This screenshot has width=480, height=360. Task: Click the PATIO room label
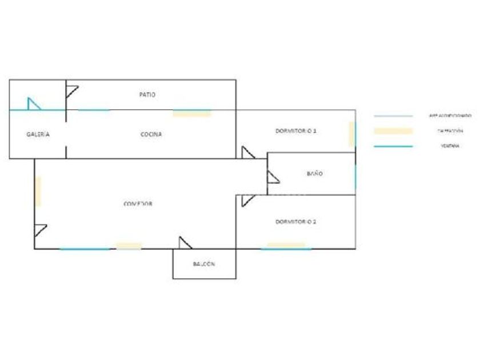[147, 94]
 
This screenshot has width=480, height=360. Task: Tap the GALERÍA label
[38, 134]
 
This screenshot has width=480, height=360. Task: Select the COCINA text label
[151, 134]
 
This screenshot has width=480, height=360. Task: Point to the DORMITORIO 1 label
[295, 131]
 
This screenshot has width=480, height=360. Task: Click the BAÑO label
[314, 173]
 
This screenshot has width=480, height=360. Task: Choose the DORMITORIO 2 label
[295, 221]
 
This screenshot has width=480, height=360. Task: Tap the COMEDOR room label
[138, 203]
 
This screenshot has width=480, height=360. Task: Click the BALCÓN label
[204, 264]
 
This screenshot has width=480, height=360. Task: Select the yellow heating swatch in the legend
[393, 131]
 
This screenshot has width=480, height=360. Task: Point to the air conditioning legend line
[393, 116]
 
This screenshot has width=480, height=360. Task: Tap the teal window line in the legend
[393, 146]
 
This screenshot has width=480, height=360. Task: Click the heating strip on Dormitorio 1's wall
[352, 134]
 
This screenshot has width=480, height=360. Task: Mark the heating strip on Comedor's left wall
[38, 191]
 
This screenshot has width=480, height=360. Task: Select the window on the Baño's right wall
[355, 177]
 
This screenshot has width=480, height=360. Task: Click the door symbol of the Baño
[273, 178]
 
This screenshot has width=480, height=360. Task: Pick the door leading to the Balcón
[185, 243]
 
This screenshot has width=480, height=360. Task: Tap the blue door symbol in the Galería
[34, 104]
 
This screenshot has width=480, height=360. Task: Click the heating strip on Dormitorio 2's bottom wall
[286, 246]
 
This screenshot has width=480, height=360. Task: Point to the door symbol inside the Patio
[71, 91]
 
